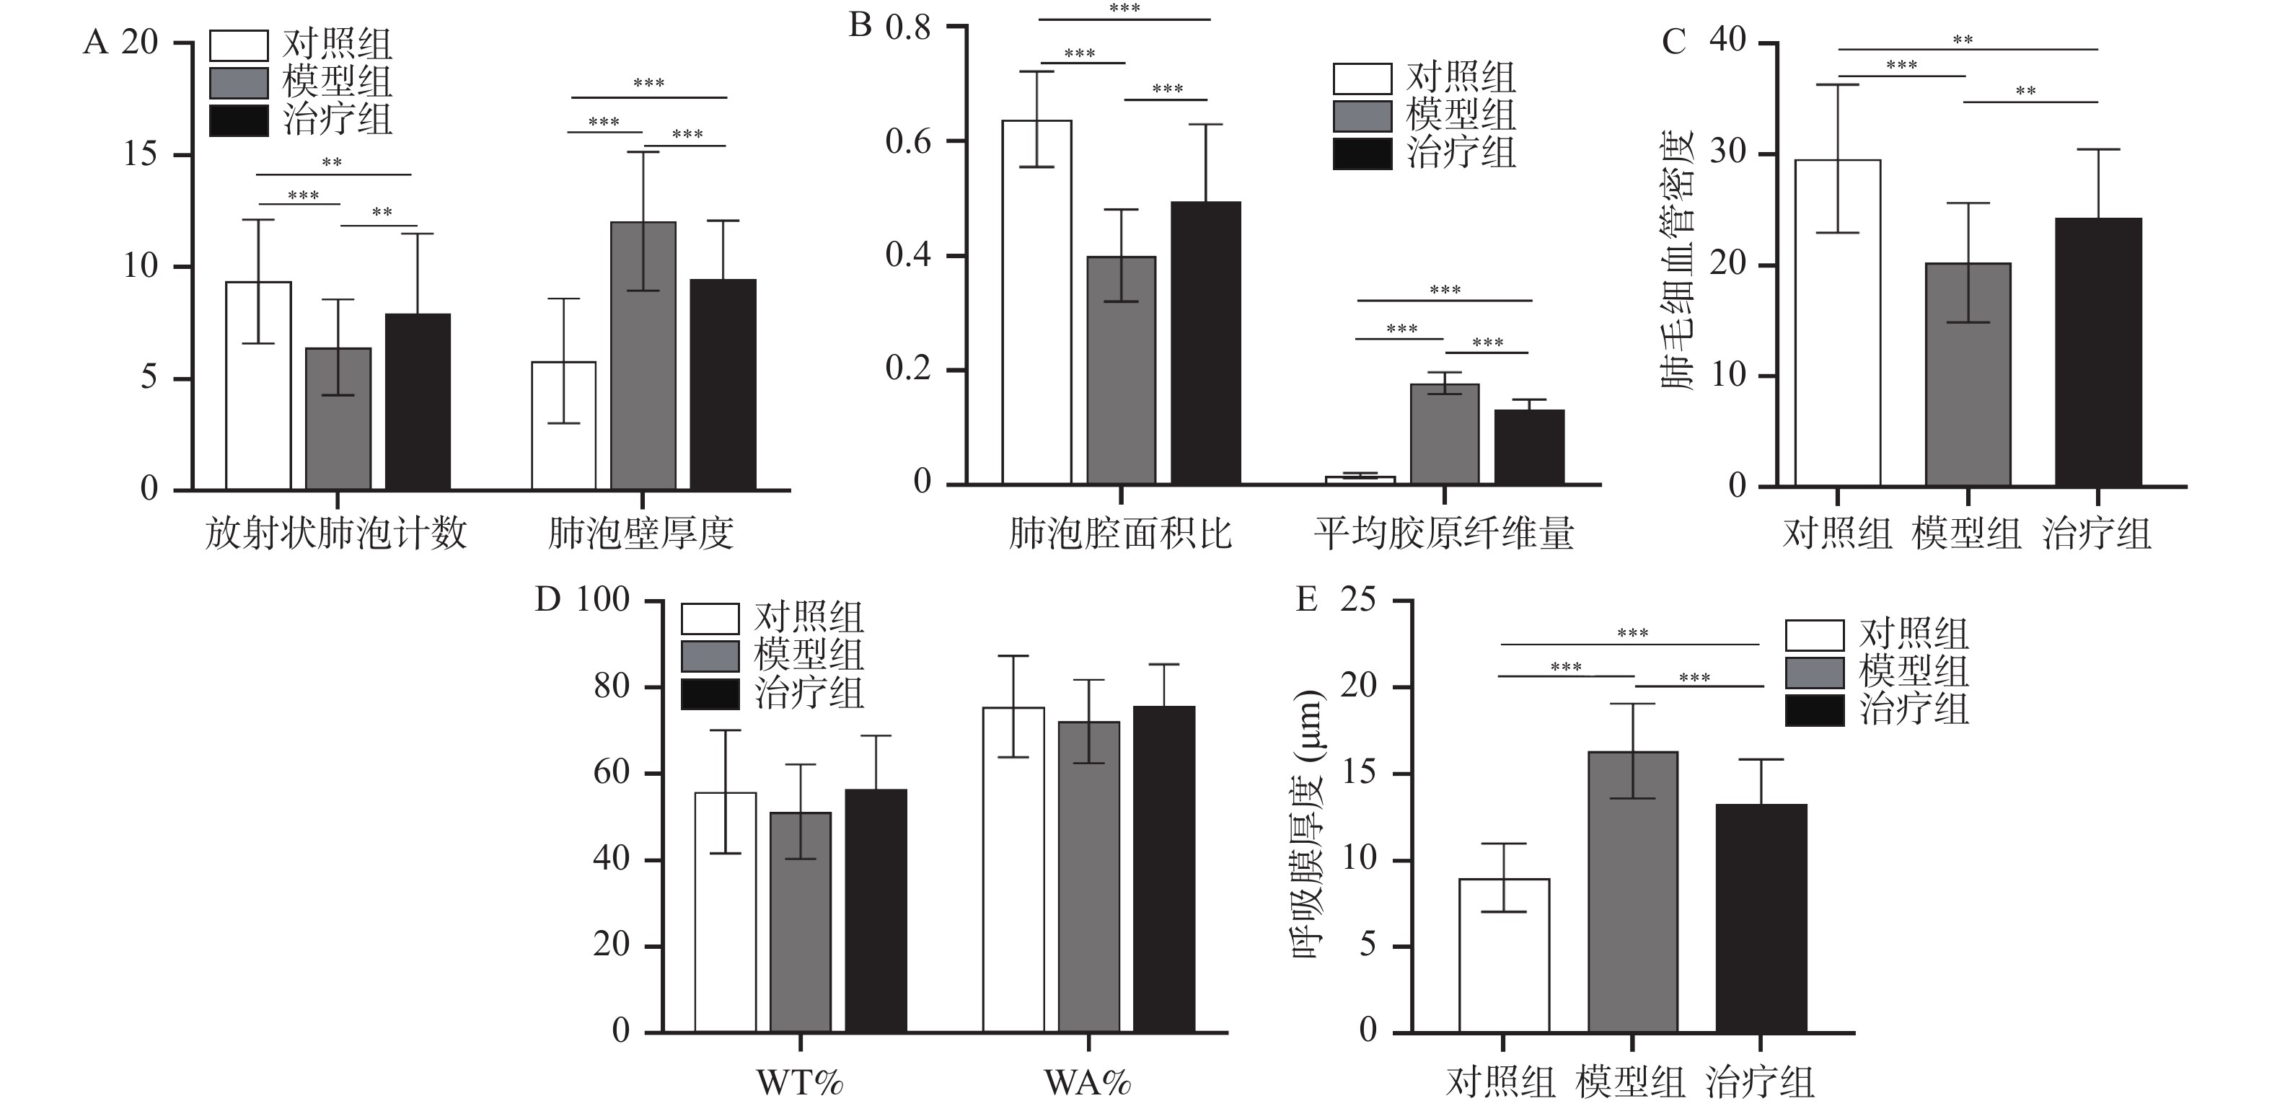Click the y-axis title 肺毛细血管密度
click(1676, 261)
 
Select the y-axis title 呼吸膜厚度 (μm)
click(1308, 825)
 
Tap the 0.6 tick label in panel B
click(909, 141)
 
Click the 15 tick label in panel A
click(140, 155)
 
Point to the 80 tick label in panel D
click(611, 686)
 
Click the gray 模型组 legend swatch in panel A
click(239, 83)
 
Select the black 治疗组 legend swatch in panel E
click(1814, 710)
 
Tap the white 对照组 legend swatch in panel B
click(1362, 79)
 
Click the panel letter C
click(1673, 43)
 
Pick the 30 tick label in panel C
click(1728, 153)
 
